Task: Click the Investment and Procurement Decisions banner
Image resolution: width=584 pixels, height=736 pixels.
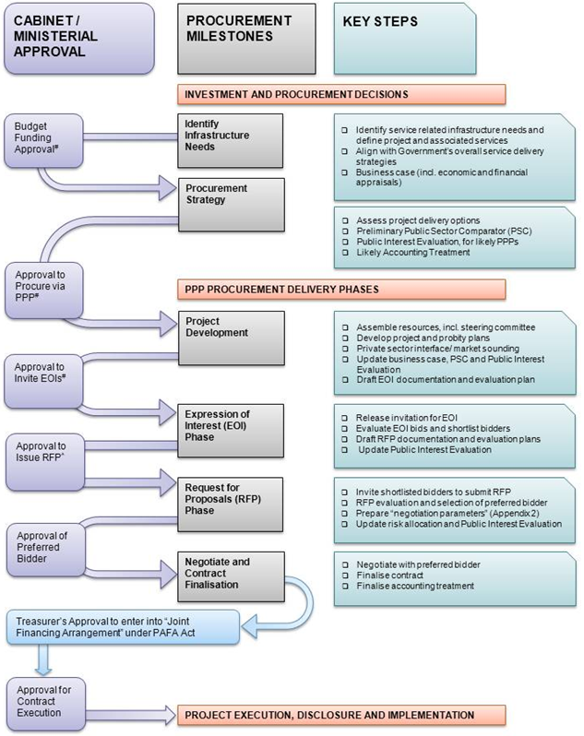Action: point(342,95)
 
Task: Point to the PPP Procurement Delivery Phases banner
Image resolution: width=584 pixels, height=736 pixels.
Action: point(342,290)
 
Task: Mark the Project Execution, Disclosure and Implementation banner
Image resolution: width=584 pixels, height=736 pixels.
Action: point(342,715)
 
